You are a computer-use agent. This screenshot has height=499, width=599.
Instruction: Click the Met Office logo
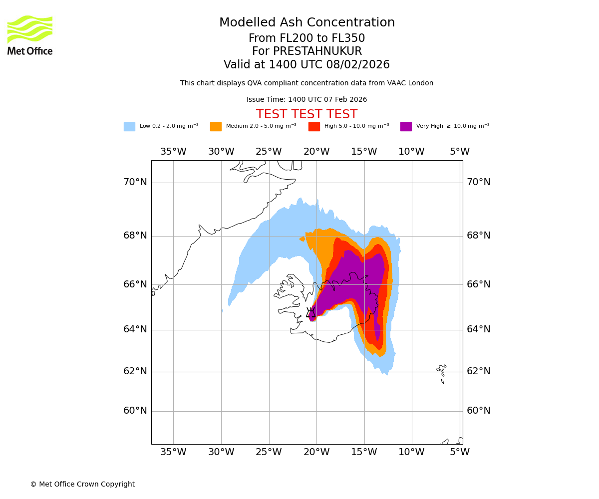click(30, 35)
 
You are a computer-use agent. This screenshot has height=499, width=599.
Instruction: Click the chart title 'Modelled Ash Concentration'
click(306, 23)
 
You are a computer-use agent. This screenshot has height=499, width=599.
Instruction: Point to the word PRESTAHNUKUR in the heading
click(306, 51)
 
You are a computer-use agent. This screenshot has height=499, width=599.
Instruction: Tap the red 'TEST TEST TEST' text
click(306, 114)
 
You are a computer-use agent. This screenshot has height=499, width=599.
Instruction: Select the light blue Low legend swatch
click(129, 127)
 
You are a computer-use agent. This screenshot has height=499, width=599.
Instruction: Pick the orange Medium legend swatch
click(216, 127)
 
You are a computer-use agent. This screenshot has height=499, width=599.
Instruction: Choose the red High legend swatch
click(314, 127)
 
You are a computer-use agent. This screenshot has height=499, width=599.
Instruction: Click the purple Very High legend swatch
click(406, 127)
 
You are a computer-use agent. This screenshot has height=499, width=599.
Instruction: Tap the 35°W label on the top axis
click(173, 152)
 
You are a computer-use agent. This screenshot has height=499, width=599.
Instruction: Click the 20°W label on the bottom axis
click(316, 452)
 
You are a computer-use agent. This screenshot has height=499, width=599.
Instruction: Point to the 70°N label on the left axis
click(135, 182)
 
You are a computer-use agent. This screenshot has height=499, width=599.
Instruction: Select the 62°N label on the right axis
click(478, 371)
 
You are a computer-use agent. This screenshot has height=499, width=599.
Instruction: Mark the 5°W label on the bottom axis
click(459, 452)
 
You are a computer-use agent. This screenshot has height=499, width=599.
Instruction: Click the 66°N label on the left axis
click(135, 284)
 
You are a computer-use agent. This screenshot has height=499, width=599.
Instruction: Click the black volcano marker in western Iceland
click(310, 313)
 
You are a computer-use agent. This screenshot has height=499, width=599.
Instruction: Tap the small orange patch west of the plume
click(302, 239)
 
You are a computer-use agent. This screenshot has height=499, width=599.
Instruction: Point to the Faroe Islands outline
click(441, 372)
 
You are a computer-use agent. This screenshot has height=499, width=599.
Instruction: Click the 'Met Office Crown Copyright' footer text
click(82, 484)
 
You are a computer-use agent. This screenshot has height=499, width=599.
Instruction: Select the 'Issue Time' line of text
click(306, 100)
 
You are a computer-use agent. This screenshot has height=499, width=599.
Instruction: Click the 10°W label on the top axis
click(411, 152)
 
